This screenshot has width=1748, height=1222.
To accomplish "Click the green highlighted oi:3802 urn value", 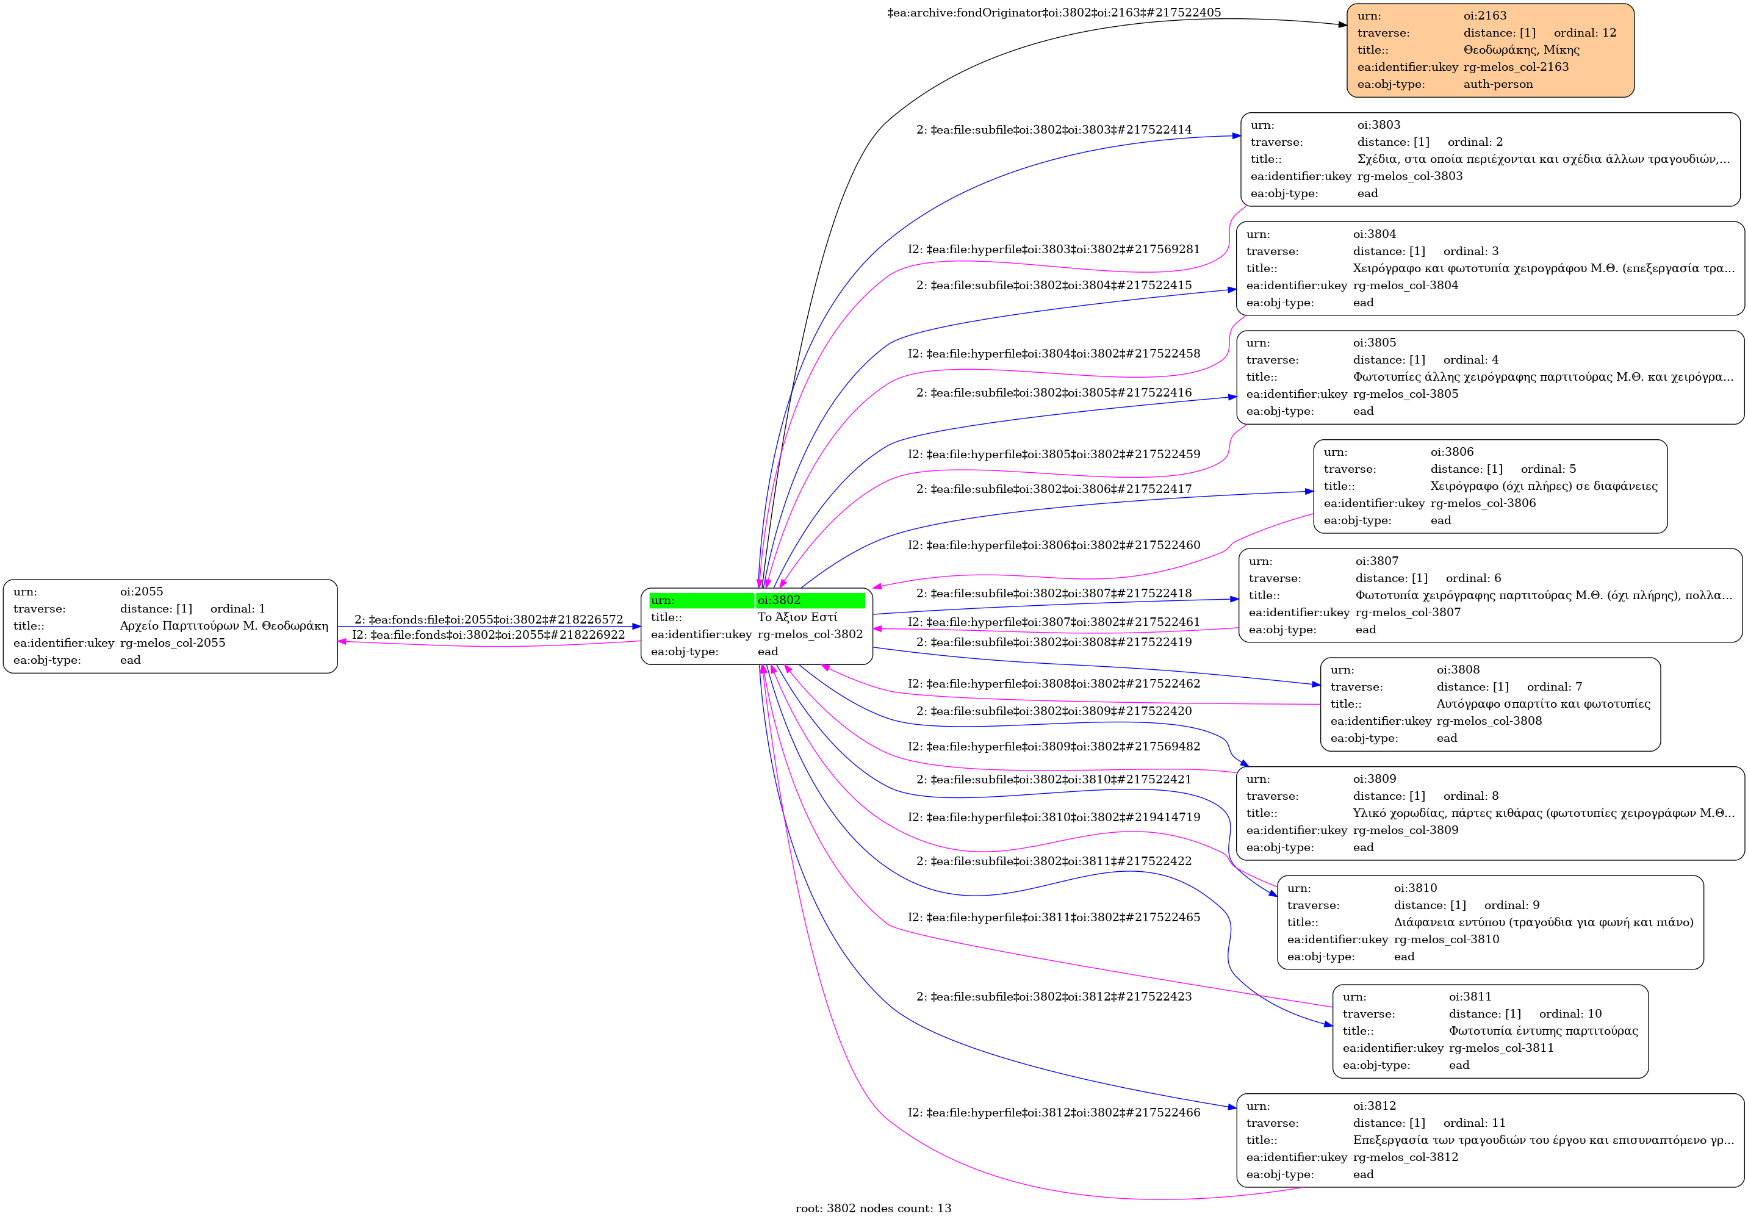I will (779, 600).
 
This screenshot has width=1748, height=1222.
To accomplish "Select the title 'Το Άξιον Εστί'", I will (797, 617).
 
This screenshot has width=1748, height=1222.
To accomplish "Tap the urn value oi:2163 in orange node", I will (1484, 15).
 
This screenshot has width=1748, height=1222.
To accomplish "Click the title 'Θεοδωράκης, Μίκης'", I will (1521, 49).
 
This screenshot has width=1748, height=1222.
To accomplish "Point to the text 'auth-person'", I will (1497, 84).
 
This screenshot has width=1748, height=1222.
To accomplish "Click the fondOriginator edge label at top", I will (1054, 12).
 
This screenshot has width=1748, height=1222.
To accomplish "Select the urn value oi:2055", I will (141, 592).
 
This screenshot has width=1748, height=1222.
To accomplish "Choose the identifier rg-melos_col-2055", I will (173, 642).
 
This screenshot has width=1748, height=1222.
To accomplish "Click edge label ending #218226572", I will (489, 620).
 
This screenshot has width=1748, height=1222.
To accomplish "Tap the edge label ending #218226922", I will (488, 634).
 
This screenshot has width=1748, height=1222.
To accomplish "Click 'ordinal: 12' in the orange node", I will (1584, 33).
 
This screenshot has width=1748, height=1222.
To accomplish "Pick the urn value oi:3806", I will (1452, 451).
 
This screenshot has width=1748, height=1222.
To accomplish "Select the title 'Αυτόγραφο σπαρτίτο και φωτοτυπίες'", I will (1543, 703).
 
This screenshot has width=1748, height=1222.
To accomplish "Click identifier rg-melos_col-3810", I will (1447, 939).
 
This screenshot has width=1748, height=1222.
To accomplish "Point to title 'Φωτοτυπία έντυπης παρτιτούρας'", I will (1543, 1030).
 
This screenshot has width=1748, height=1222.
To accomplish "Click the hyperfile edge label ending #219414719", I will (1054, 817).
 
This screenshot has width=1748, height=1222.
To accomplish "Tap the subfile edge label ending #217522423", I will (1054, 996).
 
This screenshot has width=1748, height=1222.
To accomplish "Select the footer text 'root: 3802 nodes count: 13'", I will (873, 1207).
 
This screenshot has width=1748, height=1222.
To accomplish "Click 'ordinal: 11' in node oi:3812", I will (1474, 1123).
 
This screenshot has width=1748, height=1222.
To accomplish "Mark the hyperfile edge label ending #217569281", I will (1054, 249).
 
